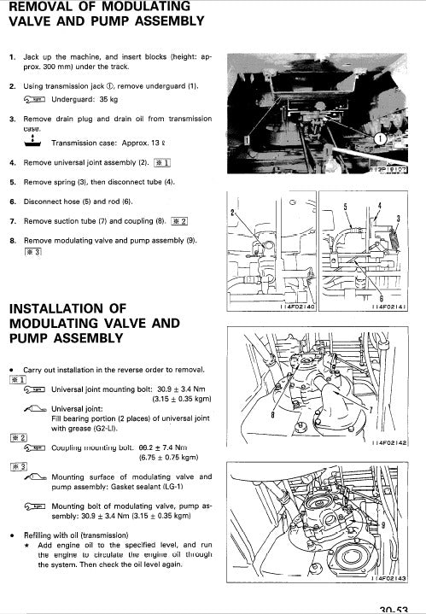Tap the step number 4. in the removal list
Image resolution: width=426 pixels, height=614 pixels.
tap(13, 161)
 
